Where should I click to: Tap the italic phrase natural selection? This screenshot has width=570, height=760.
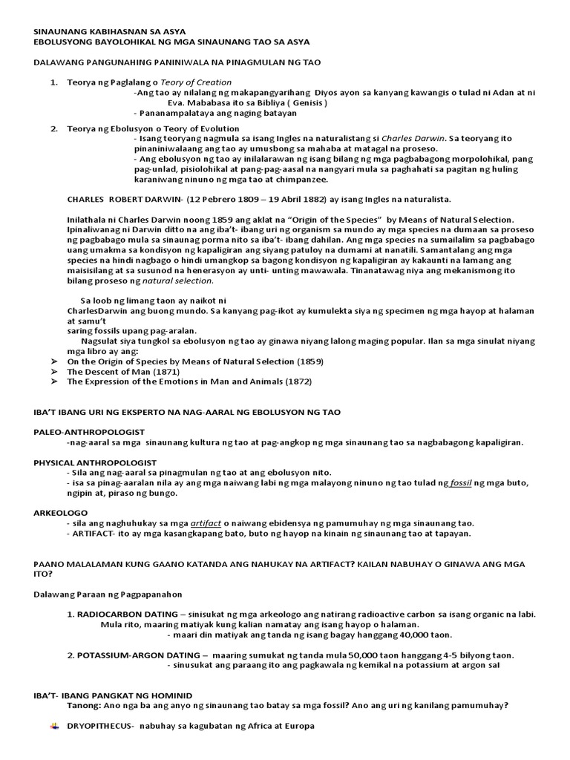tap(178, 281)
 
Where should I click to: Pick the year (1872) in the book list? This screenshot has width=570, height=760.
tap(297, 381)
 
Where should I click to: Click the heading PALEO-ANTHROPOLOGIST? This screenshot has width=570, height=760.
tap(89, 432)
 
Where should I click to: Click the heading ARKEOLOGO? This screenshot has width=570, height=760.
tap(61, 513)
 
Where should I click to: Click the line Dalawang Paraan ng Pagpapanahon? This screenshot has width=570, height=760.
tap(108, 594)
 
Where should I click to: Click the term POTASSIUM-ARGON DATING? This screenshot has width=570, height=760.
tap(139, 655)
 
